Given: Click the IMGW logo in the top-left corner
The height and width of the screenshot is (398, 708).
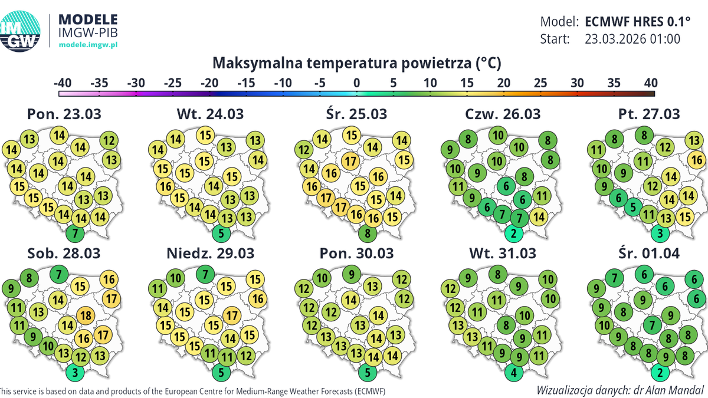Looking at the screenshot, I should tap(19, 31).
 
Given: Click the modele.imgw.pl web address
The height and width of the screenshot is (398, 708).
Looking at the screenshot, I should tap(88, 45).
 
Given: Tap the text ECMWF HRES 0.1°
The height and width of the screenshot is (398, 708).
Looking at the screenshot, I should tap(637, 22).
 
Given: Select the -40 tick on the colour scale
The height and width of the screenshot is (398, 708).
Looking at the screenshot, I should tap(63, 83).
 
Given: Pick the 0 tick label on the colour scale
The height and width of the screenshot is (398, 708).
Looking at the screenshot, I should tap(356, 83).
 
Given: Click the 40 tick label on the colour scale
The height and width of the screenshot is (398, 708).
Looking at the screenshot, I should tap(651, 83).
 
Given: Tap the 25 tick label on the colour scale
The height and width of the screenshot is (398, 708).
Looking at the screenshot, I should tap(540, 83).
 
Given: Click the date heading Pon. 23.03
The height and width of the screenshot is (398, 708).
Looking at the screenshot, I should tap(64, 114).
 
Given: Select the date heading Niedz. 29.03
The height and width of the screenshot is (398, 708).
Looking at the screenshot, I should tap(210, 254).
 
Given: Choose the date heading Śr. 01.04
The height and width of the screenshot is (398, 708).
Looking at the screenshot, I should tap(649, 254).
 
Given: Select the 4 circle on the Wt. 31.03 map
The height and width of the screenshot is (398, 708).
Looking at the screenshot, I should tap(514, 372).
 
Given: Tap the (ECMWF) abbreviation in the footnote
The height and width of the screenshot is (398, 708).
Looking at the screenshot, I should tap(367, 391).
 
